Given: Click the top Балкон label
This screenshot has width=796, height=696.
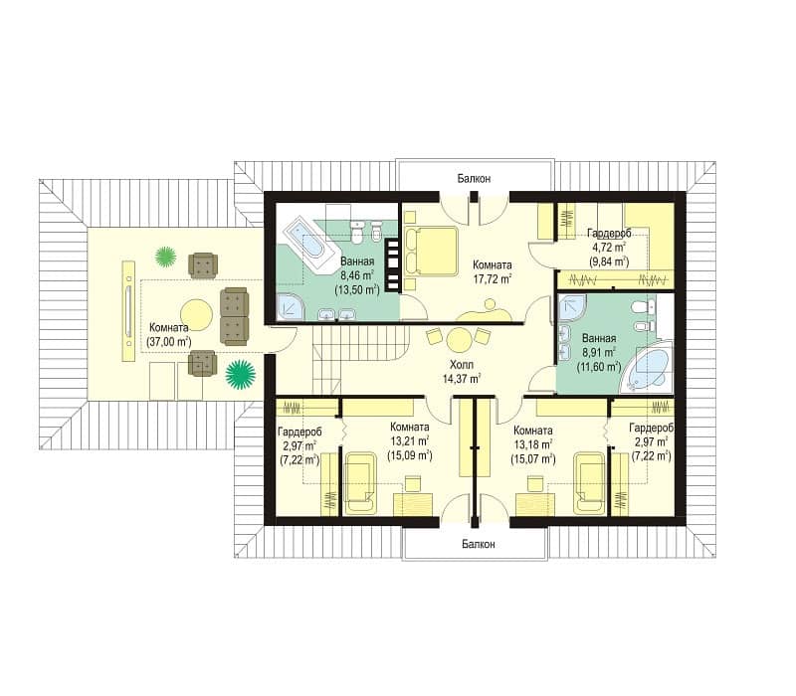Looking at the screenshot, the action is pos(474,179).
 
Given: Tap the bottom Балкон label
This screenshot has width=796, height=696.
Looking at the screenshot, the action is pos(479,544).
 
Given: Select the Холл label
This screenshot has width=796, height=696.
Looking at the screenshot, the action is pos(461,365).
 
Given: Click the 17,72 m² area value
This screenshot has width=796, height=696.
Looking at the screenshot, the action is pos(492,278).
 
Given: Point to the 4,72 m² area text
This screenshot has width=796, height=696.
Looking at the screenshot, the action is pos(609,248).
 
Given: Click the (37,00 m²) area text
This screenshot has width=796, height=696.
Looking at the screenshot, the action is pos(169,341).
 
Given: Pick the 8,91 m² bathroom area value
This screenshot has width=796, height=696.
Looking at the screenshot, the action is pos(599,352).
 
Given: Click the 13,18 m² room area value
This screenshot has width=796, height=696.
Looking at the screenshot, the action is pos(533,444).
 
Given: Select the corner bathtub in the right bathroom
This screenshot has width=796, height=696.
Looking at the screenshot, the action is pos(648,367).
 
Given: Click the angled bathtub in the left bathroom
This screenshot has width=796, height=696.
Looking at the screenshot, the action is pos(311,247).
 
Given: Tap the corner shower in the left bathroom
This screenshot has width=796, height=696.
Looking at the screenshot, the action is pos(290,306).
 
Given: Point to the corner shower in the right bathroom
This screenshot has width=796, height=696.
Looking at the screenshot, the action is pos(571,307).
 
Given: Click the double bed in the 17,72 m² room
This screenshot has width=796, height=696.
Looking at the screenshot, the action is pos(432,250).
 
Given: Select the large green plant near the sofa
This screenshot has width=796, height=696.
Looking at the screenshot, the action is pos(241,375).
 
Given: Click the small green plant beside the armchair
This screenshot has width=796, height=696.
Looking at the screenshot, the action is pos(165,257).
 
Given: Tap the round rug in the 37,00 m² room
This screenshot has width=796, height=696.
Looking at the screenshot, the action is pos(196,315).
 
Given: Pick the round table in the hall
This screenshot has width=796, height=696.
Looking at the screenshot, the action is pos(459,340).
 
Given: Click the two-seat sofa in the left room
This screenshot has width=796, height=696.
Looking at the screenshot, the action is pos(234,316).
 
